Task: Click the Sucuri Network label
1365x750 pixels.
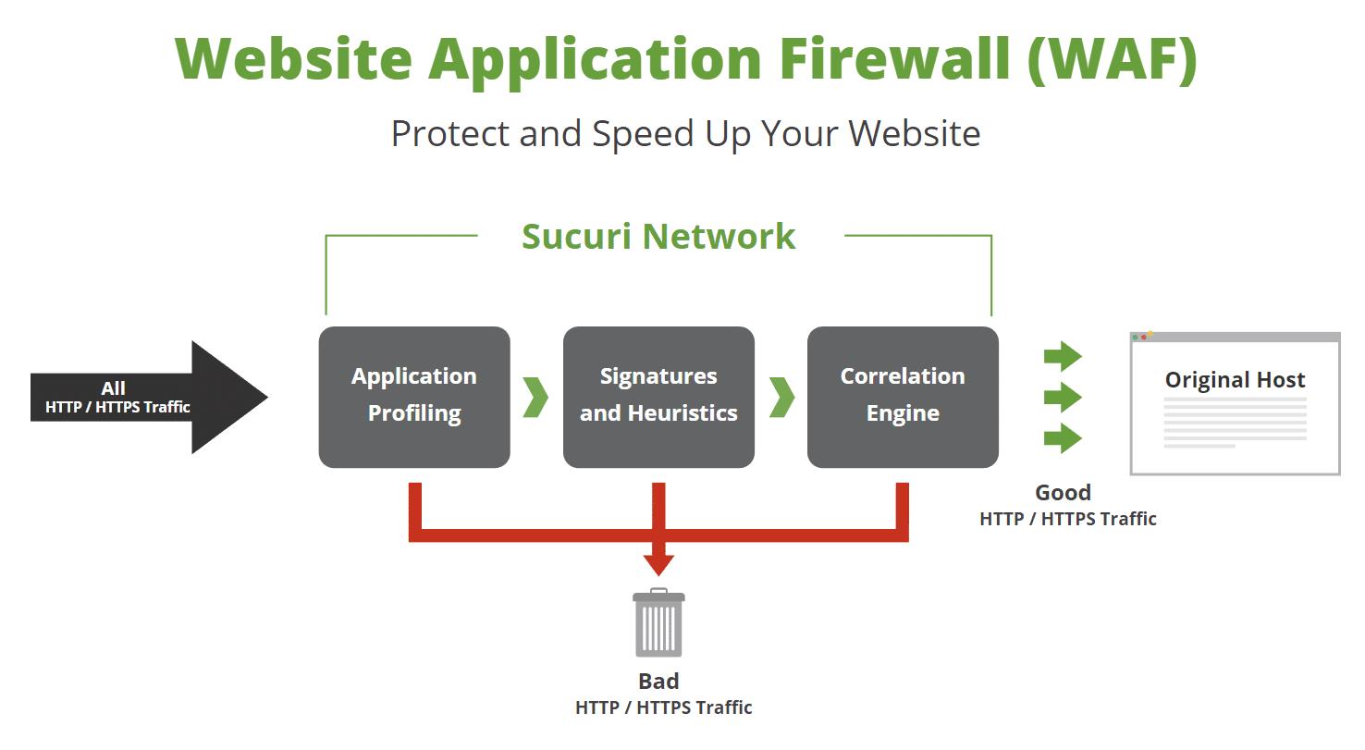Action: (x=658, y=236)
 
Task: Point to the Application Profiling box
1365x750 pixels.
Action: (x=414, y=397)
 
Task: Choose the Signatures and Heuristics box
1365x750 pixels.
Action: (x=658, y=397)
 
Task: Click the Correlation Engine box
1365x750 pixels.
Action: (x=903, y=397)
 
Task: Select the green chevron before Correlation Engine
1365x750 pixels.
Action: (x=781, y=397)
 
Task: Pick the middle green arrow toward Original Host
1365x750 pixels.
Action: (x=1063, y=398)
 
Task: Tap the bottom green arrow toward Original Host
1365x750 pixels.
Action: (x=1063, y=438)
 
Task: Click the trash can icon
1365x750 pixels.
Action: (x=658, y=623)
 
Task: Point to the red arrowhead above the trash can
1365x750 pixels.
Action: (x=658, y=563)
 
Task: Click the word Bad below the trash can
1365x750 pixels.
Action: (x=658, y=682)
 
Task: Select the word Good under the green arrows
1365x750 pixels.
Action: (x=1063, y=492)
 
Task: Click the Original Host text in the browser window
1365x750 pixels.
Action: (x=1235, y=380)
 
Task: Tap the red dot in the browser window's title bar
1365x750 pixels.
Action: (x=1144, y=337)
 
